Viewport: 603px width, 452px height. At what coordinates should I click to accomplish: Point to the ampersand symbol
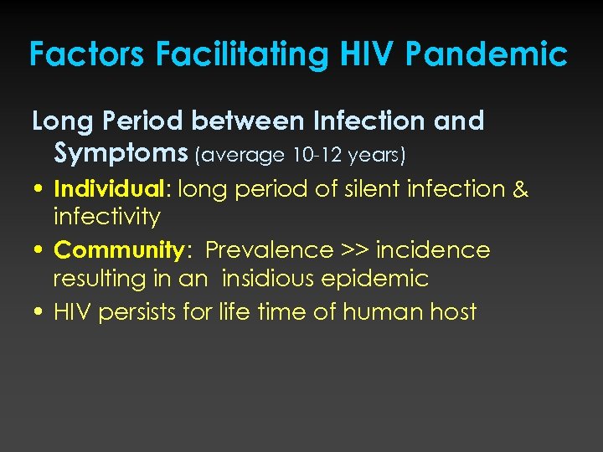point(520,189)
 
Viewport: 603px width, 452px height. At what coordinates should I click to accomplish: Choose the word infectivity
point(106,217)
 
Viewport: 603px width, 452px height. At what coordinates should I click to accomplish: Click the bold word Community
point(117,250)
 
